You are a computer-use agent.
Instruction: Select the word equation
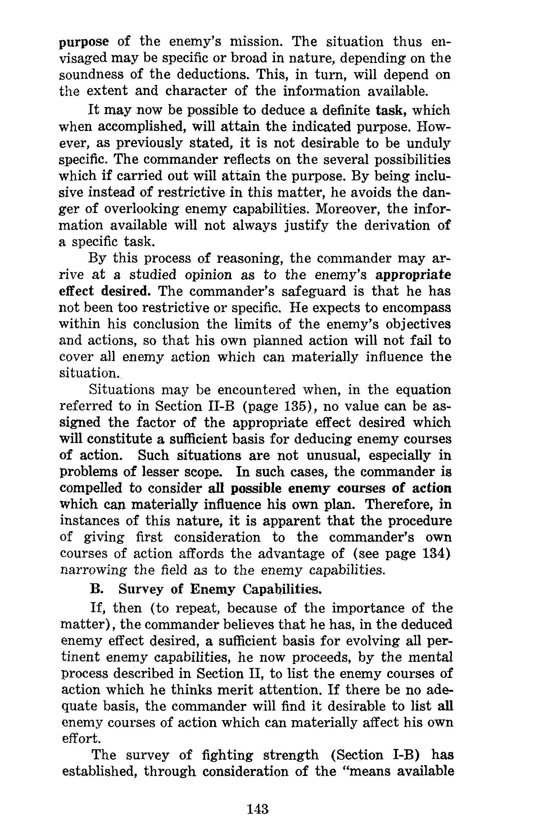(423, 390)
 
